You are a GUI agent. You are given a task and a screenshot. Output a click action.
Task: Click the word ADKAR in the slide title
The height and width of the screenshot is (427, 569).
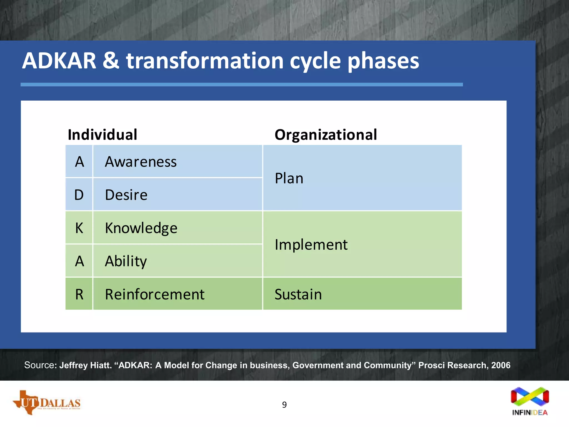59,61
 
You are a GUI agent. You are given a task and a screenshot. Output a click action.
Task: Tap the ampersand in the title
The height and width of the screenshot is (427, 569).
111,61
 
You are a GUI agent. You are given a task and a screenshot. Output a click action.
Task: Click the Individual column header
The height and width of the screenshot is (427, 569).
102,135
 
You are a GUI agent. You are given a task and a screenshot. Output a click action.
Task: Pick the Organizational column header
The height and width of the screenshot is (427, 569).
326,135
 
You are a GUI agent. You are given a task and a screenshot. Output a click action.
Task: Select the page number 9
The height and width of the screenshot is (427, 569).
284,405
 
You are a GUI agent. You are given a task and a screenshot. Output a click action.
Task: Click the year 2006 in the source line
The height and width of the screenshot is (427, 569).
501,365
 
